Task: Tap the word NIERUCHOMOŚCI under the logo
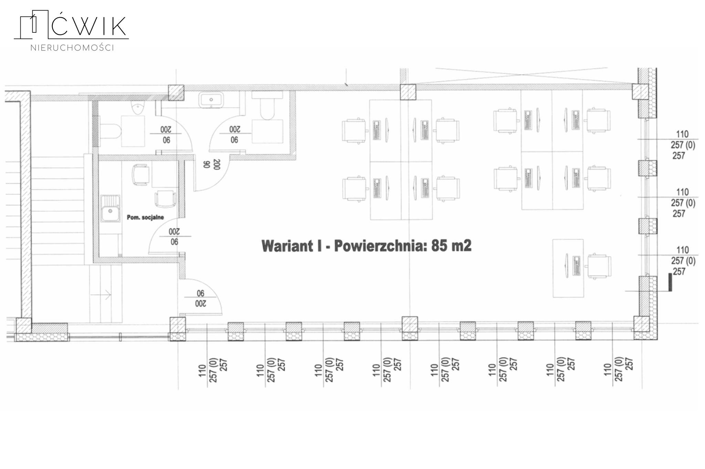pyautogui.click(x=72, y=48)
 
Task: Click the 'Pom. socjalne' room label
pyautogui.click(x=145, y=217)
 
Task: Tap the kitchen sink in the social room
pyautogui.click(x=110, y=208)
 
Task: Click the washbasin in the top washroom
pyautogui.click(x=211, y=100)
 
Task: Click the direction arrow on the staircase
pyautogui.click(x=106, y=295)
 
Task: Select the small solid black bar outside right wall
pyautogui.click(x=670, y=282)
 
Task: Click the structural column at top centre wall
pyautogui.click(x=408, y=92)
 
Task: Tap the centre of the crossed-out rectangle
pyautogui.click(x=523, y=75)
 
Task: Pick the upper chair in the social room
pyautogui.click(x=141, y=174)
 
